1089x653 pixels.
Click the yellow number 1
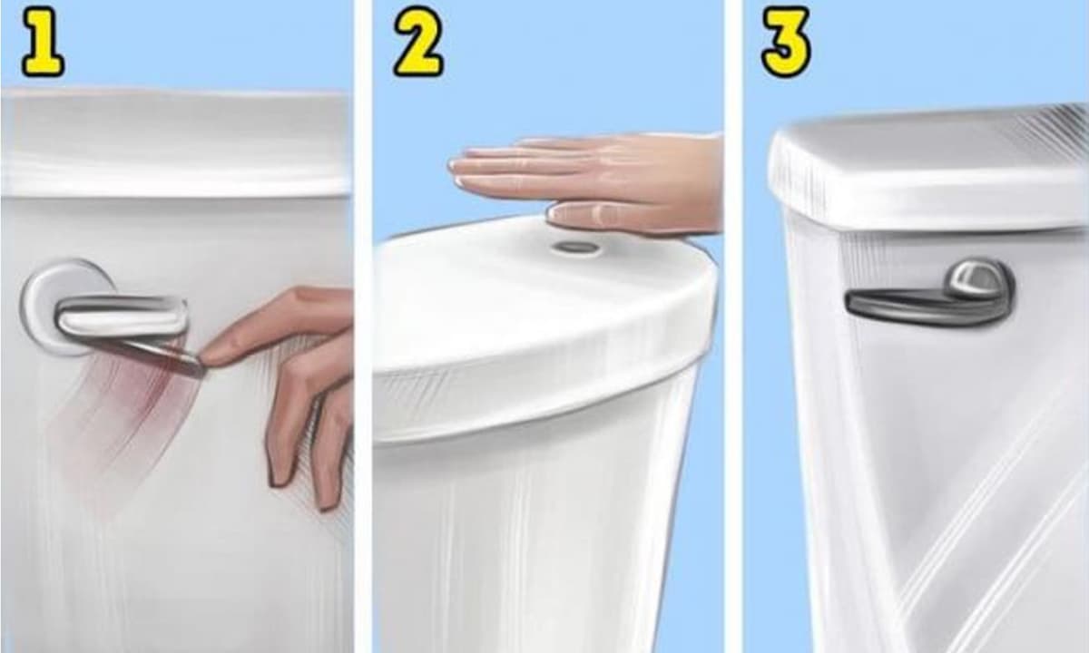click(43, 43)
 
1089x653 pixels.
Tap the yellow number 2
click(418, 43)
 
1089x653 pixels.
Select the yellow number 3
click(786, 43)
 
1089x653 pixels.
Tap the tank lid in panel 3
click(928, 171)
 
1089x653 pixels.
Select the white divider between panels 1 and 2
click(363, 326)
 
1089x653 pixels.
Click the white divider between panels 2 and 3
click(733, 326)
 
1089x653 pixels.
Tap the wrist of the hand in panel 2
click(705, 185)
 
